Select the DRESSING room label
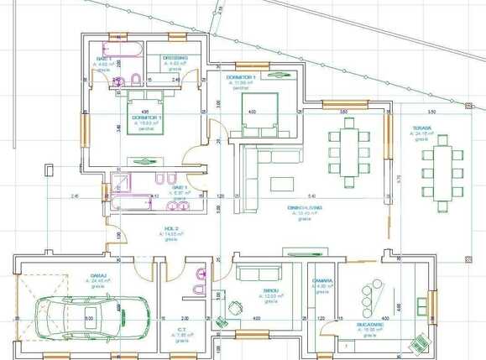(175, 58)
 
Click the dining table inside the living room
(347, 149)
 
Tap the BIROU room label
(270, 291)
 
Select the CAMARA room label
(323, 280)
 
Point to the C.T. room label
(181, 330)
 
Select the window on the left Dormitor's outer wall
(84, 128)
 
